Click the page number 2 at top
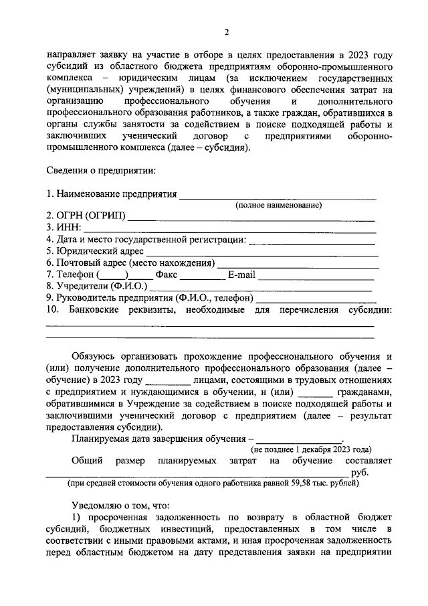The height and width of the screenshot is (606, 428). (x=227, y=32)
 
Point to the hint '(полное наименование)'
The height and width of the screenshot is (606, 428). (x=278, y=206)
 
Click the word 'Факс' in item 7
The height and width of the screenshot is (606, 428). (x=166, y=274)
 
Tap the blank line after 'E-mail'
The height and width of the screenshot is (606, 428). (x=316, y=275)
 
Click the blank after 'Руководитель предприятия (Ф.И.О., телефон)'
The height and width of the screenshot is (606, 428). (x=316, y=297)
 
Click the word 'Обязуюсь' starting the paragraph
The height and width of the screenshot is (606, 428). (x=96, y=356)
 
